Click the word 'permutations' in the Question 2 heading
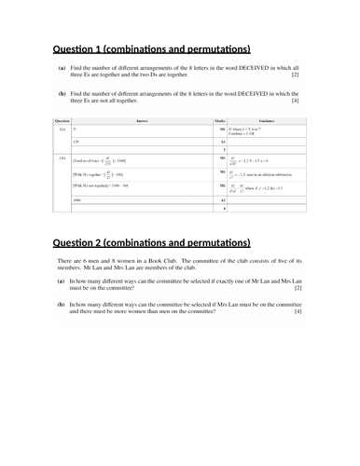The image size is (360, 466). [x=212, y=244]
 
